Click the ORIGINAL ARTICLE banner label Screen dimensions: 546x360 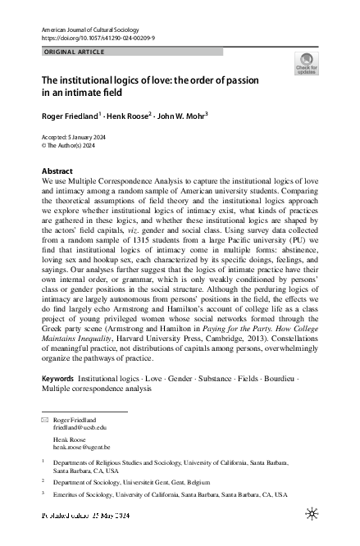(x=73, y=52)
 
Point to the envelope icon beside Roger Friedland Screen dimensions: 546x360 (x=45, y=420)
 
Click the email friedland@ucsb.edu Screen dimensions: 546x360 (x=80, y=428)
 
